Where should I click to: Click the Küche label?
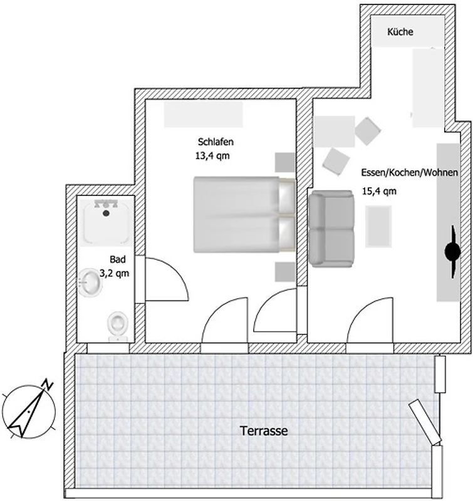coord(400,32)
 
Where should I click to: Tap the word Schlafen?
coord(216,142)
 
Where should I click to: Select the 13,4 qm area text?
coord(212,156)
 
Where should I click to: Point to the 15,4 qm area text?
coord(379,191)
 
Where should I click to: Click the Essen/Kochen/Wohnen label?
coord(409,173)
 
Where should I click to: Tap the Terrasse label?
coord(264,431)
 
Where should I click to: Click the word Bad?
coord(118,259)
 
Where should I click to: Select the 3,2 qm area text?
coord(115,274)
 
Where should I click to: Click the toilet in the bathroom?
coord(118,326)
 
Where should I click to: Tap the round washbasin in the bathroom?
coord(90,282)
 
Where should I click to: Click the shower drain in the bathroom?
coord(106,213)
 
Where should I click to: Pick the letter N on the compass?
coord(48,384)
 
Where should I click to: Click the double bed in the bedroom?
coord(244,214)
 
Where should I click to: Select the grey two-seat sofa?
coord(331,229)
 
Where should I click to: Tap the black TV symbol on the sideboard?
coord(452,252)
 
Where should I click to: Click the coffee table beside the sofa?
coord(378,226)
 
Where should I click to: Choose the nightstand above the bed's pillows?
coord(285,162)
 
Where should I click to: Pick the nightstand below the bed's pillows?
coord(285,272)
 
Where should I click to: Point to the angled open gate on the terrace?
coord(425,421)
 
